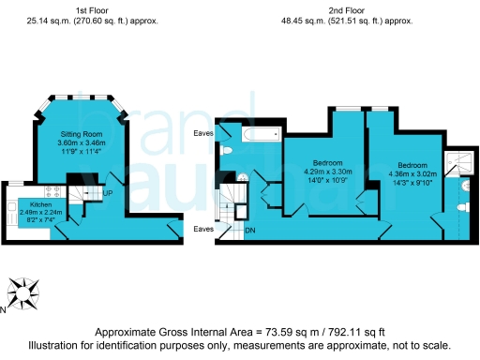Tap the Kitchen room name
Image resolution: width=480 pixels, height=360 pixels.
pyautogui.click(x=40, y=203)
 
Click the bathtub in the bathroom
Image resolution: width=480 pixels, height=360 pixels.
pyautogui.click(x=259, y=135)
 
